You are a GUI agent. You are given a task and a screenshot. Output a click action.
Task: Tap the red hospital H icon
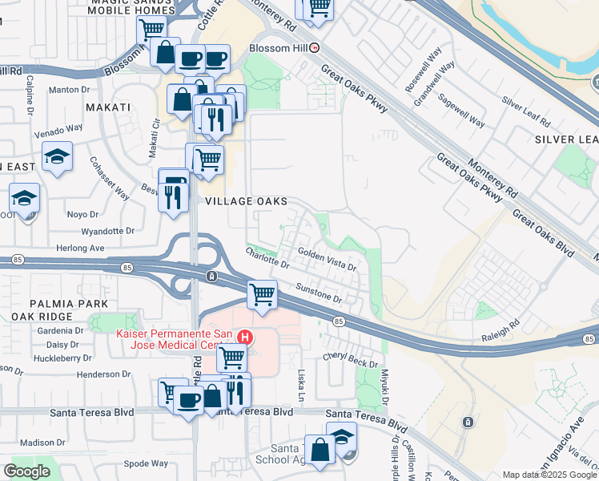pos(247,338)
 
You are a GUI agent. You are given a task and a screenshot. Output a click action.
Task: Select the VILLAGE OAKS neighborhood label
pos(246,201)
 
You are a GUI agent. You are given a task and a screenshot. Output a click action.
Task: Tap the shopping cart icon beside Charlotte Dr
pos(262,295)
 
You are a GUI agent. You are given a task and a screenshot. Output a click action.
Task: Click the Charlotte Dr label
pos(267,257)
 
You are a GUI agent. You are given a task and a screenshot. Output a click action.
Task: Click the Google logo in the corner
pos(26,471)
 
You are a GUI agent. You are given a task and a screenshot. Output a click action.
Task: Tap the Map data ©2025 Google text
pos(549,475)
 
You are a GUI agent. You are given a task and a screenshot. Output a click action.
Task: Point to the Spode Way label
pos(147,463)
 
